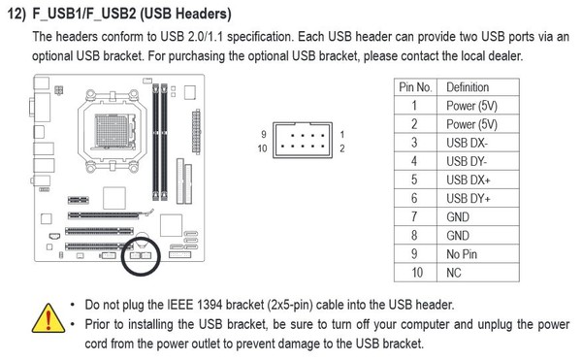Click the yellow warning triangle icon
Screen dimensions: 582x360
48,319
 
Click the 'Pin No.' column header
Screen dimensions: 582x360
415,87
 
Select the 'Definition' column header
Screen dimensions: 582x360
468,87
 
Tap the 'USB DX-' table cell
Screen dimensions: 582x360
467,143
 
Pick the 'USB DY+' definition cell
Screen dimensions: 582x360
469,199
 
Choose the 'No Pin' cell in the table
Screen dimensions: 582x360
462,254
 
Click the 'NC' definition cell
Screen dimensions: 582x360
454,273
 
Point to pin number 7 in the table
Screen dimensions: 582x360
414,216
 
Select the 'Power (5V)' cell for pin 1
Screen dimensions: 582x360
471,106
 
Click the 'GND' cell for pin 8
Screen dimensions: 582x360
458,236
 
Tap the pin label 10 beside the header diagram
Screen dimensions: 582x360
262,148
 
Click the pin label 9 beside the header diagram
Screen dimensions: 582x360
264,134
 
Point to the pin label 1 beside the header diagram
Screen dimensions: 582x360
341,134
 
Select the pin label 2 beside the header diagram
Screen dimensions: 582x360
341,148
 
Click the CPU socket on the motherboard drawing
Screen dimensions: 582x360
113,131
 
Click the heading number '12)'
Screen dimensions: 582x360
17,15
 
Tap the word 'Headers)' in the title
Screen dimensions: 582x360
203,14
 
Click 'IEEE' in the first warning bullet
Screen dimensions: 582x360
180,305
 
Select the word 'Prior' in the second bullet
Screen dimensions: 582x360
98,324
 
